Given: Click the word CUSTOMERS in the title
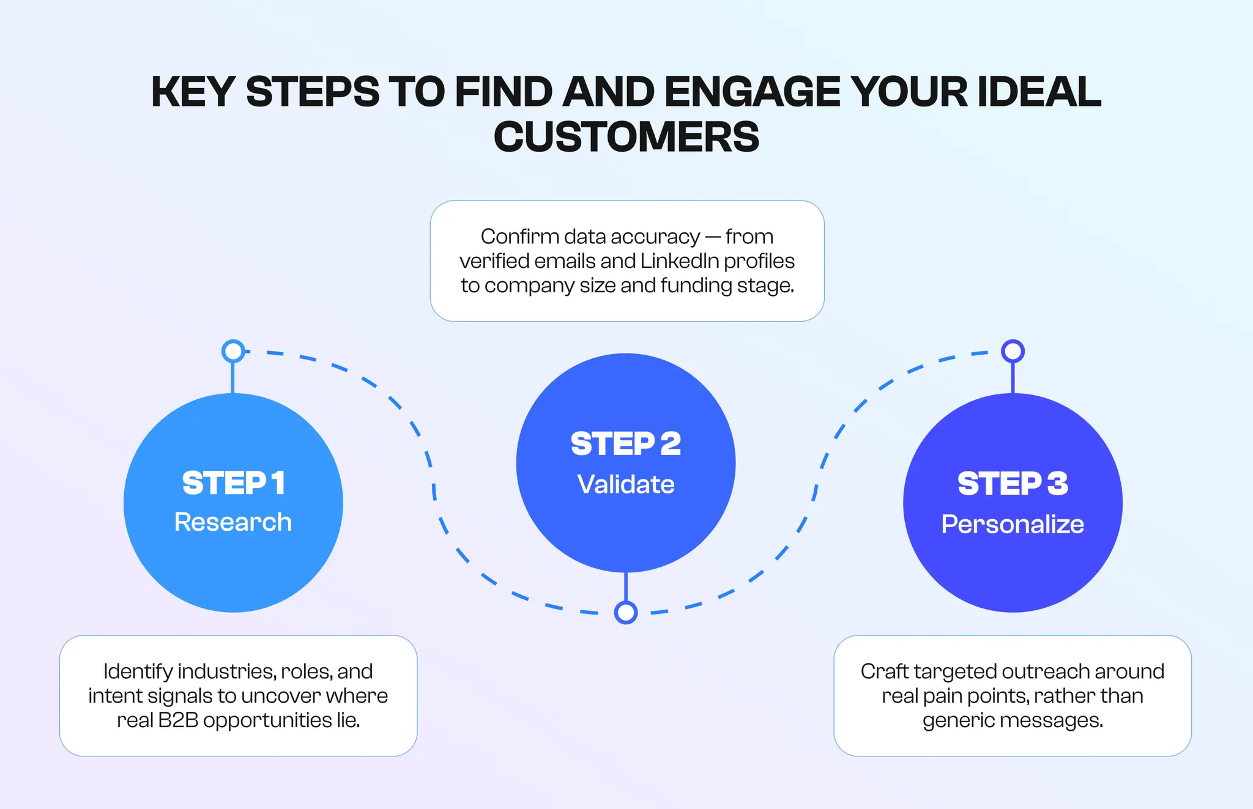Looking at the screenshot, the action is click(x=626, y=136).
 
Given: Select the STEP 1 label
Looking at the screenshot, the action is click(x=233, y=483).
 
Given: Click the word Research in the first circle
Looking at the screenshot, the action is click(x=233, y=522).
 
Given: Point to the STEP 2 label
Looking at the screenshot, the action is click(x=625, y=443).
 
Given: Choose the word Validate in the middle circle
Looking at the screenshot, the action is click(x=625, y=484).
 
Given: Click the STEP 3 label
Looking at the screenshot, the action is click(x=1013, y=483).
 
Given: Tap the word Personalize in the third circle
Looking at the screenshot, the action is click(x=1013, y=524).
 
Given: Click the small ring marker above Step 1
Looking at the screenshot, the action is click(x=233, y=351).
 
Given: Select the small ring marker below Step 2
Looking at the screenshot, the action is click(x=625, y=612).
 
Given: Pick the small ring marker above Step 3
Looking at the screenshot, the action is click(x=1013, y=351).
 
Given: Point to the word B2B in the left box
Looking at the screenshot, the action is click(x=178, y=720).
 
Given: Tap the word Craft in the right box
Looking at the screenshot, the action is click(x=884, y=671).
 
